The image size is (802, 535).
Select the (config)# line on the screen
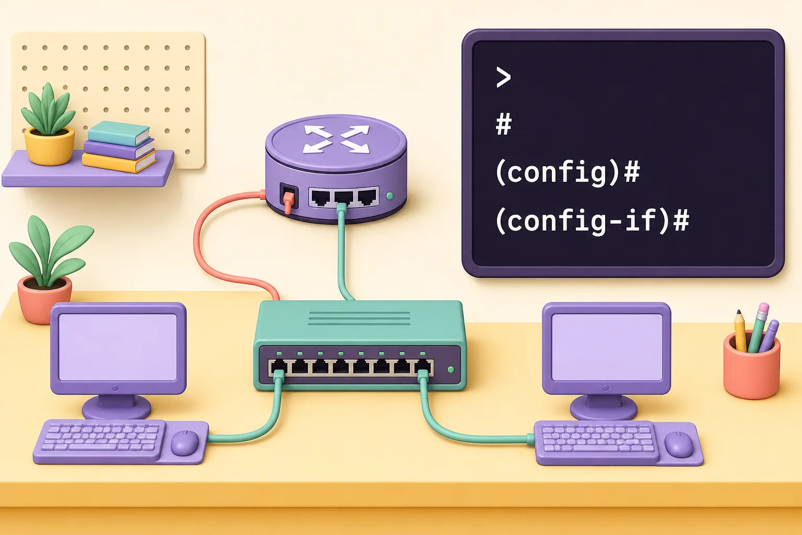pyautogui.click(x=568, y=173)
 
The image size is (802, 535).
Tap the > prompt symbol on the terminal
pyautogui.click(x=503, y=77)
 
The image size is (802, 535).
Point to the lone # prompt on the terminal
pyautogui.click(x=504, y=124)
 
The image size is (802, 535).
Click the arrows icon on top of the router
pyautogui.click(x=336, y=139)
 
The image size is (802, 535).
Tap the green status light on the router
pyautogui.click(x=390, y=195)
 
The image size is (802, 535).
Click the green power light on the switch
pyautogui.click(x=451, y=369)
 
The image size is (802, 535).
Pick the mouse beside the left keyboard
pyautogui.click(x=184, y=443)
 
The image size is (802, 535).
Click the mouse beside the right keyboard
pyautogui.click(x=678, y=444)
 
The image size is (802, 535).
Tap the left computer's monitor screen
pyautogui.click(x=118, y=347)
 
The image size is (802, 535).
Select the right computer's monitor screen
pyautogui.click(x=607, y=347)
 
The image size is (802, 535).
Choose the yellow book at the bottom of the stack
pyautogui.click(x=119, y=161)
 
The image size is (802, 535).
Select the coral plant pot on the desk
pyautogui.click(x=45, y=300)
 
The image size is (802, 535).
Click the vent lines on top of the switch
pyautogui.click(x=359, y=319)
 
